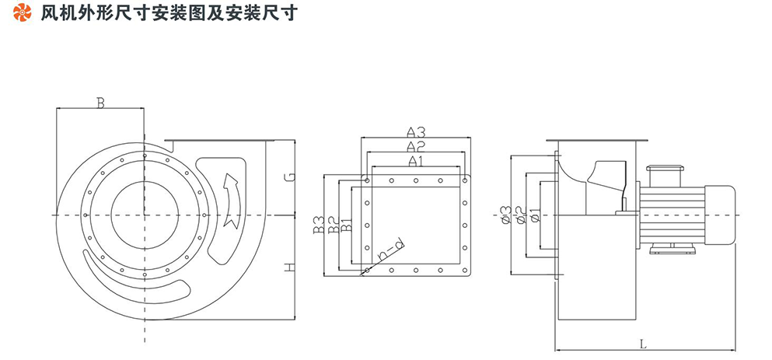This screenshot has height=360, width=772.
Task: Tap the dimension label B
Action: coord(100,103)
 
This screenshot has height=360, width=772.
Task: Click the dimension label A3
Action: coord(415,131)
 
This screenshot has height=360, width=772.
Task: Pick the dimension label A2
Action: coord(415,146)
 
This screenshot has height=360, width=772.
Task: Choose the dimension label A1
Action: coord(416,161)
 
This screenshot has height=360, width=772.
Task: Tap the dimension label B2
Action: coord(332,225)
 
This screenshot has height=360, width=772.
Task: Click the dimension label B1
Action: coord(346,225)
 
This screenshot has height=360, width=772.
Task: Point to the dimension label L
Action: coord(641,342)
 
